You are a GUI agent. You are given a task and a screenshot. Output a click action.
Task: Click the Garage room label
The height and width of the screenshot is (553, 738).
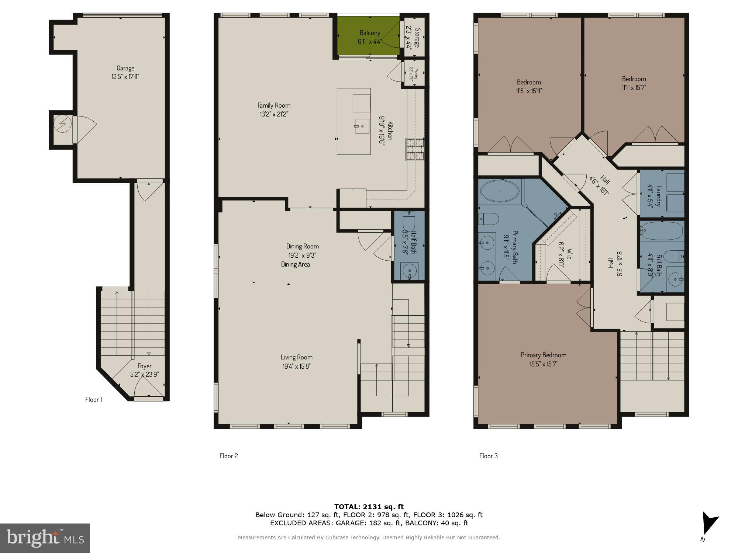pyautogui.click(x=125, y=68)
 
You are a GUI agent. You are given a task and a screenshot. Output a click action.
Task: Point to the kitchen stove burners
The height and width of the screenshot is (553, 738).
pyautogui.click(x=415, y=149)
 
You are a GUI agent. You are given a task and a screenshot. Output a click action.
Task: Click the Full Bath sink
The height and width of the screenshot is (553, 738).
pyautogui.click(x=676, y=280)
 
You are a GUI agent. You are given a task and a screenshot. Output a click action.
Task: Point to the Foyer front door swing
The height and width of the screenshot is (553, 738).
pyautogui.click(x=148, y=387)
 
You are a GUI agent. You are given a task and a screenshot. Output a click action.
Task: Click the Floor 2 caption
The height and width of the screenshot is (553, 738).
pyautogui.click(x=229, y=456)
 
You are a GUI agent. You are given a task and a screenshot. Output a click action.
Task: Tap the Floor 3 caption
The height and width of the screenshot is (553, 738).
pyautogui.click(x=489, y=456)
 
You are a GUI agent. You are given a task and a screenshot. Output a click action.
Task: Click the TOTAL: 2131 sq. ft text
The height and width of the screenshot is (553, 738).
pyautogui.click(x=369, y=507)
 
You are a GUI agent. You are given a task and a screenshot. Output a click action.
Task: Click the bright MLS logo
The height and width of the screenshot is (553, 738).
pyautogui.click(x=45, y=538)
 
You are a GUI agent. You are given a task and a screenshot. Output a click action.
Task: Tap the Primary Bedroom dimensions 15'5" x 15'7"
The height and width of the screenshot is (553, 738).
pyautogui.click(x=543, y=364)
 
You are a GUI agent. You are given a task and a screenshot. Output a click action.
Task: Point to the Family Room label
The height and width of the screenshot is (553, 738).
pyautogui.click(x=274, y=105)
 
